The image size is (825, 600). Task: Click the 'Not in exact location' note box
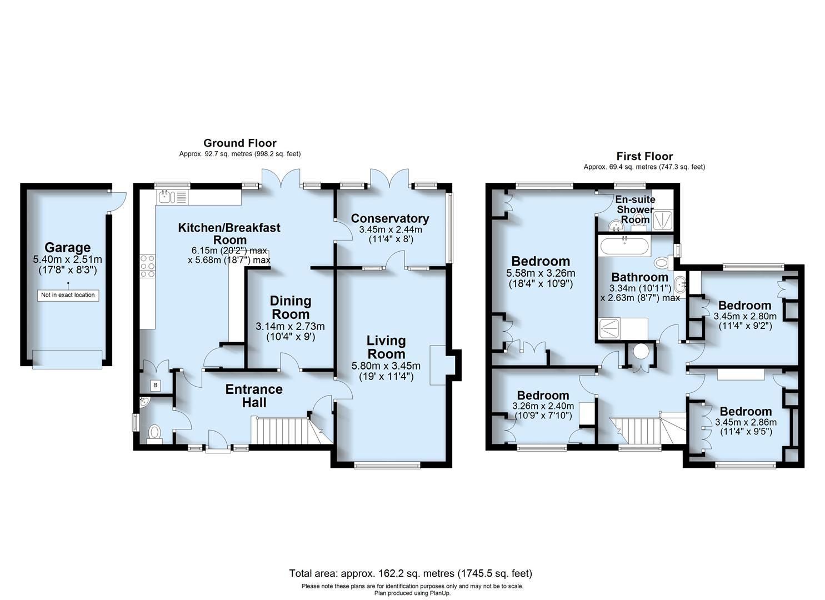[68, 295]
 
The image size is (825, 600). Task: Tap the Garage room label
[68, 248]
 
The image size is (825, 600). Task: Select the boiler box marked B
[155, 385]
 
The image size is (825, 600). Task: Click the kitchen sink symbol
[167, 196]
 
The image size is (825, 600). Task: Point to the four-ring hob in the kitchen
[147, 266]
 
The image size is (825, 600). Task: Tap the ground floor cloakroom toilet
[155, 432]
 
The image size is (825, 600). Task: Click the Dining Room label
[290, 308]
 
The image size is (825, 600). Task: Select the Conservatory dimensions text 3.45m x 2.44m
[390, 229]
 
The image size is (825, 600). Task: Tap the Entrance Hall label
[254, 396]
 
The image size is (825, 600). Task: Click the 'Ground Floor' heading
[239, 143]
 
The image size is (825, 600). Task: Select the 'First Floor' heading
[644, 157]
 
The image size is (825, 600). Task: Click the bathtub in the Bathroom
[624, 246]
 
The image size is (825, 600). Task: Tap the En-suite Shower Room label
[635, 209]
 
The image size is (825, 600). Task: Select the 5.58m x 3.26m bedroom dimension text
[540, 273]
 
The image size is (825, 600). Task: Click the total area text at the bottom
[411, 573]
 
